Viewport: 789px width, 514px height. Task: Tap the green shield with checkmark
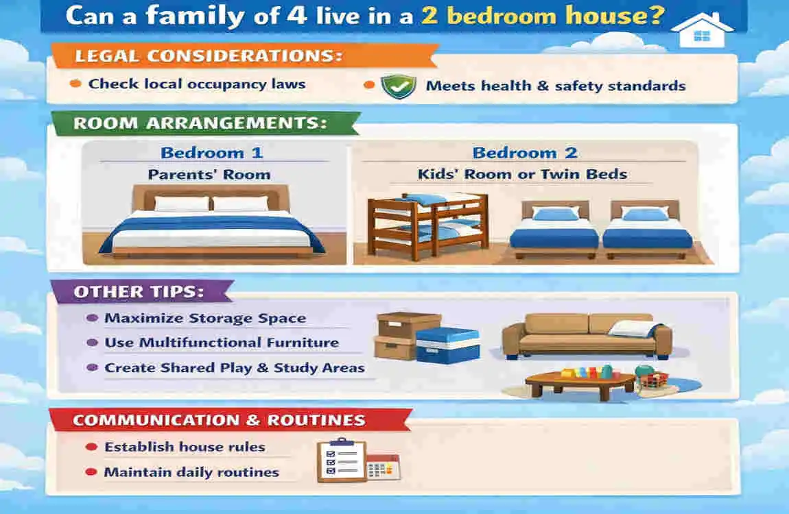tap(398, 86)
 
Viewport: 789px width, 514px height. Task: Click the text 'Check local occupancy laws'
tap(197, 84)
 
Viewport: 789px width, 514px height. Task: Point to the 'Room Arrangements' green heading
tap(200, 123)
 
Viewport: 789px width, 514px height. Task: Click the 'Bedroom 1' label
tap(211, 153)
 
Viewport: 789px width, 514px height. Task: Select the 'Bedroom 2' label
tap(525, 153)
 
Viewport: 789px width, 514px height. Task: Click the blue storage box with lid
tap(447, 345)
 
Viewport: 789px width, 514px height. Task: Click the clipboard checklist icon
tap(341, 460)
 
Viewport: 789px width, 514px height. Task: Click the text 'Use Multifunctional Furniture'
tap(222, 343)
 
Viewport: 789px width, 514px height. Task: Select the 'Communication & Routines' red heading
tap(219, 419)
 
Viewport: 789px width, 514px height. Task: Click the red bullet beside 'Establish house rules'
tap(90, 447)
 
